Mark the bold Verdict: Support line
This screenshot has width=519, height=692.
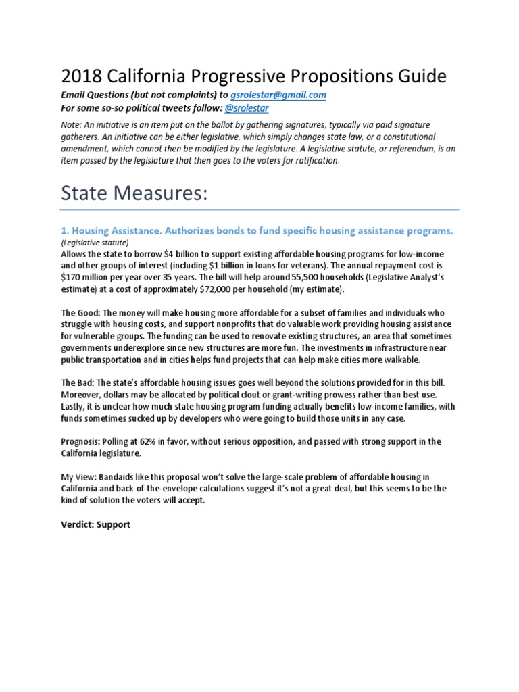[95, 524]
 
